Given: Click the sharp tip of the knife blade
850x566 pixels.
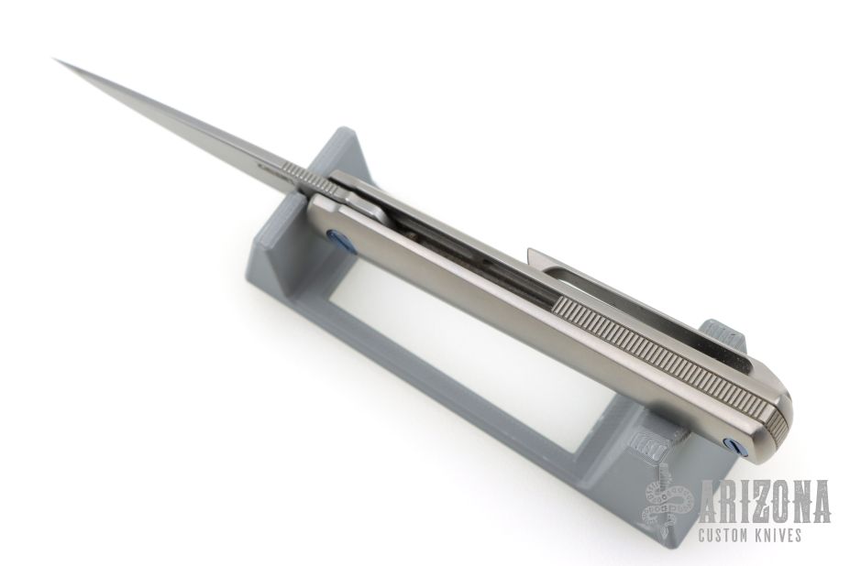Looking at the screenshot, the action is click(x=54, y=59).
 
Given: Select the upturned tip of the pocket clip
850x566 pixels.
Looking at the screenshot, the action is click(x=534, y=255).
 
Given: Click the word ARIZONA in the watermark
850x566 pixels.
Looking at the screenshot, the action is click(x=766, y=502).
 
